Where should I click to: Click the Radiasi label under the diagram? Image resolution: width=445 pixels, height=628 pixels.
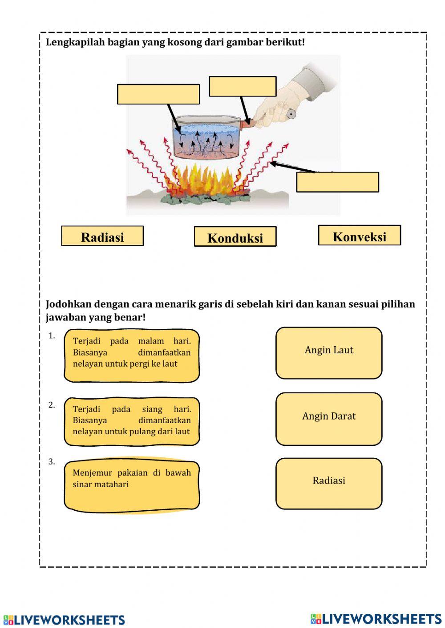102,236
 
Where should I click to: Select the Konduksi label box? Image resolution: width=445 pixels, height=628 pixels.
235,237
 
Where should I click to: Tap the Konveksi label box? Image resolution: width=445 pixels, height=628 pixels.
359,236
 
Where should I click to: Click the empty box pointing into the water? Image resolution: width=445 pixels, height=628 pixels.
158,94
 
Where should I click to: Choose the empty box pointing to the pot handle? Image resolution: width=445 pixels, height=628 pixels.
243,86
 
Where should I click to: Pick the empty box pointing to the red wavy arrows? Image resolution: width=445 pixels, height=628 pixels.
337,182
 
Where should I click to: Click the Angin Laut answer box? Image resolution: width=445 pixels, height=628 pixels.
329,353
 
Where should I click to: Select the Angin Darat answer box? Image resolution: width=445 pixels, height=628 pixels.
329,419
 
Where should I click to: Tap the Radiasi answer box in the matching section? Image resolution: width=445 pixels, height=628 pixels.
329,483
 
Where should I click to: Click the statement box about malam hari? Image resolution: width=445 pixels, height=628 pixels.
132,355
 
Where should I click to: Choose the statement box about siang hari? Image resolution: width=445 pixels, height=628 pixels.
132,421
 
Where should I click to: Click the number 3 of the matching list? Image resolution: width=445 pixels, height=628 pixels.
52,462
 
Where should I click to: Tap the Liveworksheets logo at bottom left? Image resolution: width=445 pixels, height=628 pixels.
64,620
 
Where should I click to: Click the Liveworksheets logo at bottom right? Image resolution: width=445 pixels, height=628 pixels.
376,619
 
